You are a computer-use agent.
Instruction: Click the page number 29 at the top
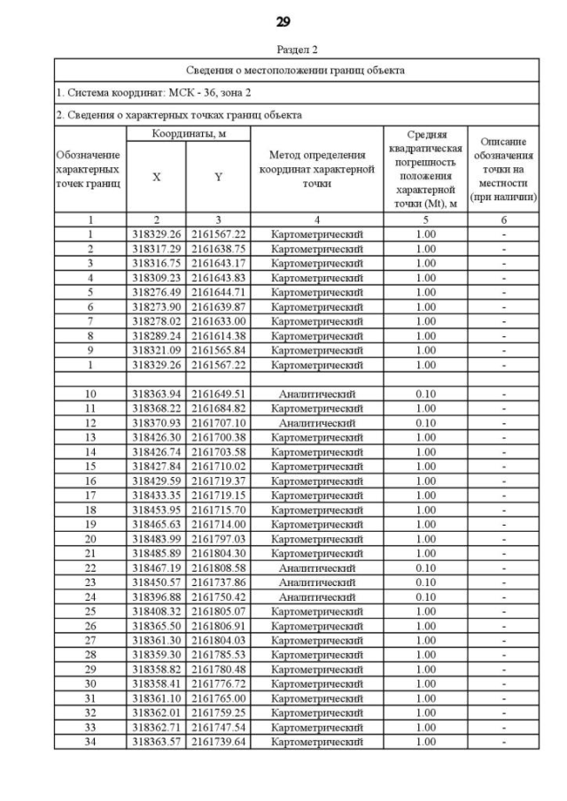click(x=283, y=21)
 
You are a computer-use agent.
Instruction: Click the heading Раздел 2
click(x=283, y=50)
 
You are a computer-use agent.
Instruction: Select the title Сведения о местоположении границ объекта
click(x=297, y=70)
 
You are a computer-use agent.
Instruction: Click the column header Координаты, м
click(x=187, y=133)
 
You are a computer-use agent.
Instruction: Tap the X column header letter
click(x=156, y=176)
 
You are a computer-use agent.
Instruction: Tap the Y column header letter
click(x=218, y=176)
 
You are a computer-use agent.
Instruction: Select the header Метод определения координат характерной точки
click(x=317, y=169)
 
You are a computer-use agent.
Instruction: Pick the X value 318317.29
click(x=156, y=249)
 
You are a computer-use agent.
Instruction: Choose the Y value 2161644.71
click(x=218, y=292)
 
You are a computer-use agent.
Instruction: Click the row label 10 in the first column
click(x=89, y=394)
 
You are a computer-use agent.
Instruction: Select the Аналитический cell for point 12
click(x=317, y=423)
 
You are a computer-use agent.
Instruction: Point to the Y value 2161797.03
click(x=218, y=539)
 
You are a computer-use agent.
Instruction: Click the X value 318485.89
click(x=156, y=553)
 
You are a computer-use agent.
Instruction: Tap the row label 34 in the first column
click(x=89, y=742)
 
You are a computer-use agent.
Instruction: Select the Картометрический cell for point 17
click(x=317, y=496)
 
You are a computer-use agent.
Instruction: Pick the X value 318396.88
click(x=156, y=597)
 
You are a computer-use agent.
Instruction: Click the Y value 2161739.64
click(x=218, y=742)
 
